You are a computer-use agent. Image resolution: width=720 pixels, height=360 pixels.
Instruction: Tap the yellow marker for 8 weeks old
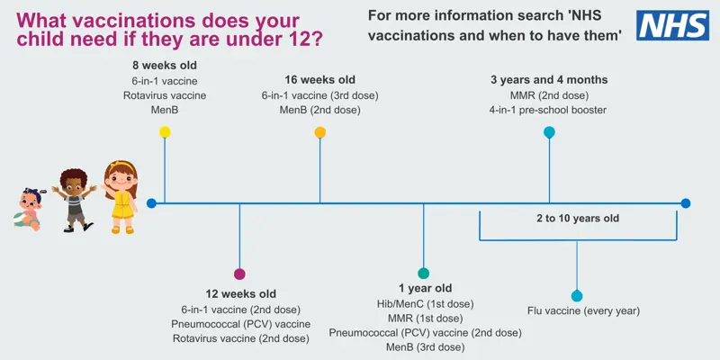tap(165, 132)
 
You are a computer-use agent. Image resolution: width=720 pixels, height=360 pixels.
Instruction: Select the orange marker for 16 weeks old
tap(320, 132)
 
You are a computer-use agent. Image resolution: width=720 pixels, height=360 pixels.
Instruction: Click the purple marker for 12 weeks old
tap(239, 274)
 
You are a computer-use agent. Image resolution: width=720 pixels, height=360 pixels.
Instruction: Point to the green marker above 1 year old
tap(424, 273)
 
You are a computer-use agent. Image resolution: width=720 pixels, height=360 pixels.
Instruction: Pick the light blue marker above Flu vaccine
tap(577, 295)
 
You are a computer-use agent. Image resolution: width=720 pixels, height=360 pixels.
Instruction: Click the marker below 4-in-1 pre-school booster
tap(549, 132)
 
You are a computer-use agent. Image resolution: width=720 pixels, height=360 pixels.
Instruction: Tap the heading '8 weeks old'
tap(164, 66)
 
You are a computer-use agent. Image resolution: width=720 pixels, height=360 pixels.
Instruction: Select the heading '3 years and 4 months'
tap(549, 79)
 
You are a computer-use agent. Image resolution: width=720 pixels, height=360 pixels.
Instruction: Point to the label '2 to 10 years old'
tap(578, 218)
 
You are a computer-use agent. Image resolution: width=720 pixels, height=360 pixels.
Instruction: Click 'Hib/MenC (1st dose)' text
tap(425, 303)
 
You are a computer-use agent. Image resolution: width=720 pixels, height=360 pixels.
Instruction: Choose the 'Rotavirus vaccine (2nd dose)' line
tap(240, 338)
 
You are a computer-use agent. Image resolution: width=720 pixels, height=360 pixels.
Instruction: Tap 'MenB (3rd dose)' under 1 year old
tap(425, 346)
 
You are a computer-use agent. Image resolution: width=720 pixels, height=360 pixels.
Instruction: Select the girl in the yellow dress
tap(121, 197)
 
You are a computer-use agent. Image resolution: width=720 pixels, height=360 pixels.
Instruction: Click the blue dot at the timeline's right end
tap(686, 203)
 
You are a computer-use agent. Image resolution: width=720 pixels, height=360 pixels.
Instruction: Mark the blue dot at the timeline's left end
tap(151, 203)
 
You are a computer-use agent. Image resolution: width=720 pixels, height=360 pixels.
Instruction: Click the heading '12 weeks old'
tap(240, 294)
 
